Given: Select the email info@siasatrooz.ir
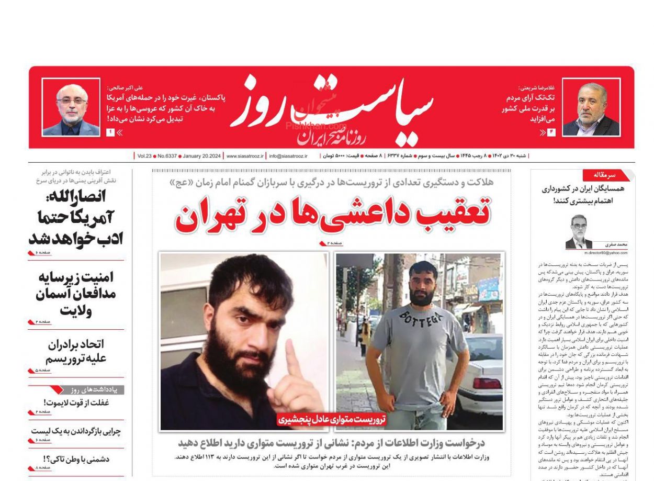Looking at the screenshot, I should (288, 156).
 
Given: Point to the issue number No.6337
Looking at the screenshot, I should (166, 156).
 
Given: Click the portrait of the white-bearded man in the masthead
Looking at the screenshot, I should (71, 107).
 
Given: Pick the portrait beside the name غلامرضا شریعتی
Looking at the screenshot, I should (591, 107).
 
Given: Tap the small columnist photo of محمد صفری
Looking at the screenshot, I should (579, 232).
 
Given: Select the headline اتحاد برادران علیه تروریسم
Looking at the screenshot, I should (76, 351).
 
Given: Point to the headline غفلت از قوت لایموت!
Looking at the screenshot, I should (84, 403).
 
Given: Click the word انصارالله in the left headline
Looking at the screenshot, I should (83, 197).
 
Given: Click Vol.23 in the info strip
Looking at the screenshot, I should (144, 156).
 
